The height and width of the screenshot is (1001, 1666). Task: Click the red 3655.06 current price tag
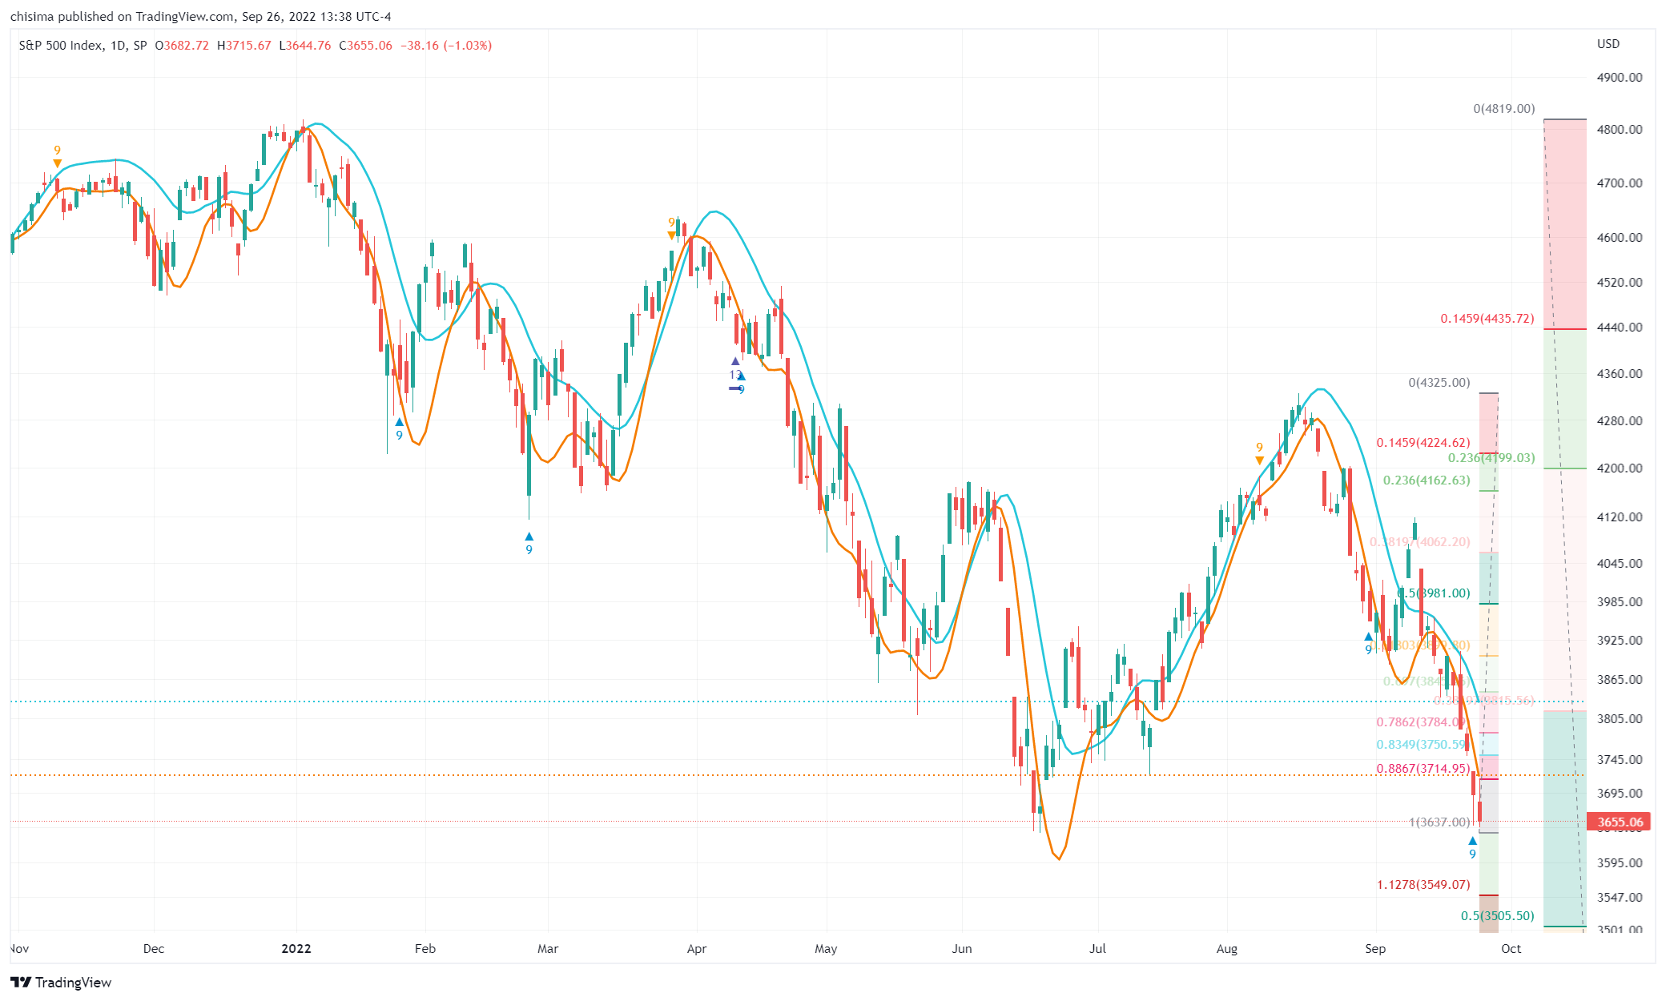point(1619,822)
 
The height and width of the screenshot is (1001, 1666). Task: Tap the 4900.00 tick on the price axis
point(1619,78)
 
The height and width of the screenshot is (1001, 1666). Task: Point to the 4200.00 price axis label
point(1619,468)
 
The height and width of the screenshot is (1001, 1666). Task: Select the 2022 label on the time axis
point(296,948)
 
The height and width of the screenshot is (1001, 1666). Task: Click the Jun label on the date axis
point(961,948)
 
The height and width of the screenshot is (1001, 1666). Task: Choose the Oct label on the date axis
point(1511,948)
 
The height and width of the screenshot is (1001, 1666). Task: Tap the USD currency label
point(1608,44)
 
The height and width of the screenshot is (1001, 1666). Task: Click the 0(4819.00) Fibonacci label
point(1503,109)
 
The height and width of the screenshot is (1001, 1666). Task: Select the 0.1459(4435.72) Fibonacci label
point(1487,319)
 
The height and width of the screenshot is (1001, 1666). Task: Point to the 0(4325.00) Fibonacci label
point(1439,383)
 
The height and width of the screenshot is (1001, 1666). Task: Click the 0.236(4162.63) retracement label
point(1427,480)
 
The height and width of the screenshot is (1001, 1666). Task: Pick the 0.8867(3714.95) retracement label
point(1423,769)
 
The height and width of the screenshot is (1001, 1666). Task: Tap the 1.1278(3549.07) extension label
point(1423,885)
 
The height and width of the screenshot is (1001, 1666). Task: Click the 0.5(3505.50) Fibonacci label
point(1497,916)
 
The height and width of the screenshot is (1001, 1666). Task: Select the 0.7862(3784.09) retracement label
point(1420,722)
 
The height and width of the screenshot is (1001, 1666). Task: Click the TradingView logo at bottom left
point(61,983)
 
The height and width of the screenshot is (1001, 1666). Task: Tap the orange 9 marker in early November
point(57,151)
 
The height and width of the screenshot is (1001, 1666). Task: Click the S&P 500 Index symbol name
point(61,46)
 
